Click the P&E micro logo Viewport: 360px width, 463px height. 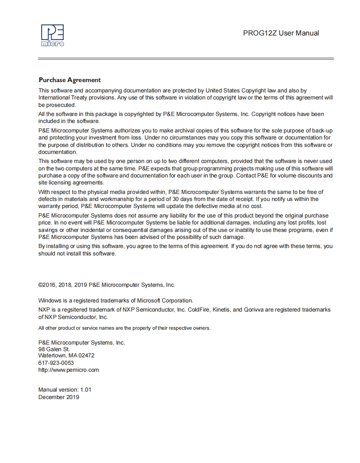52,35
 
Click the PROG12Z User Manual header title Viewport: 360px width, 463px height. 281,33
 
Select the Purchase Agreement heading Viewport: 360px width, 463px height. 69,80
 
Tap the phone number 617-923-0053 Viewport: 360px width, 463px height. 56,363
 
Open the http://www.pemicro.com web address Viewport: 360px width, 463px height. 69,370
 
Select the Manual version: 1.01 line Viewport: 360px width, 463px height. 65,390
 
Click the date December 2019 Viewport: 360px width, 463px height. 59,397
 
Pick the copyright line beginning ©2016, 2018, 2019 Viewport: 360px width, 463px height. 107,285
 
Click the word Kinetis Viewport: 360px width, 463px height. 221,309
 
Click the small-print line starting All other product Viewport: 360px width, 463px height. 124,328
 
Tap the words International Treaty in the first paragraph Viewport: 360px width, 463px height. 60,98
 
